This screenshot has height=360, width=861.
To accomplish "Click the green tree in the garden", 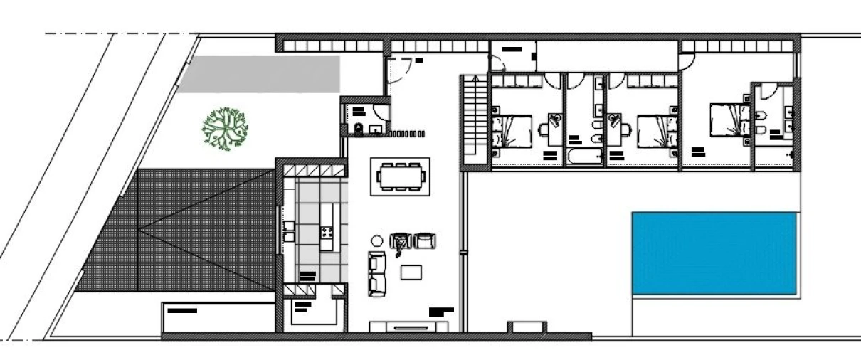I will point(225,128).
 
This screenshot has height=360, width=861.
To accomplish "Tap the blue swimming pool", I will point(714,253).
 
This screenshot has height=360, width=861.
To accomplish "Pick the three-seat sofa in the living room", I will point(376,273).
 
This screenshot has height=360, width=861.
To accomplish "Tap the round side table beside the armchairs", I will point(377,240).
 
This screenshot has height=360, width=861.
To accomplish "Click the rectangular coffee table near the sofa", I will point(411,272).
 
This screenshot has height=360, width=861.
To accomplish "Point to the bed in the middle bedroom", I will point(653,131).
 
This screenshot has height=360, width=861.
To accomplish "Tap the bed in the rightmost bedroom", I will point(729,120).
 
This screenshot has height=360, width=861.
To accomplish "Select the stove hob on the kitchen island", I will point(328,233).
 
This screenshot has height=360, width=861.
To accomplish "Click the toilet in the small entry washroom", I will point(359,128).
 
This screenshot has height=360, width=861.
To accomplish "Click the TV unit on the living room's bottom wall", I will point(408,327).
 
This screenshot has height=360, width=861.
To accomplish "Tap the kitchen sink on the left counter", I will point(290,227).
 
